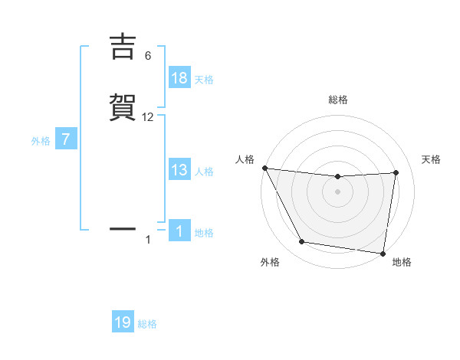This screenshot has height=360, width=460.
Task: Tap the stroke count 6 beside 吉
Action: point(148,56)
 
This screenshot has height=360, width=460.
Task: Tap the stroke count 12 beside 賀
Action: point(148,117)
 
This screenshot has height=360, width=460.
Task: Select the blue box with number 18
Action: point(179,78)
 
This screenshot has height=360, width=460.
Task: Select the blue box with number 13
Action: point(179,170)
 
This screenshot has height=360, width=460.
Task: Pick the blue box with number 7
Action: point(67,140)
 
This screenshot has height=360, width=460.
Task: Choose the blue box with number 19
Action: point(123,322)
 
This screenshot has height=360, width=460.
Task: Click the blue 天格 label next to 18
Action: point(204,79)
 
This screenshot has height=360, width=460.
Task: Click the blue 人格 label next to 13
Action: point(204,171)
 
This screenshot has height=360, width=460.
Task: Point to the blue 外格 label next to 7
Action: point(41,141)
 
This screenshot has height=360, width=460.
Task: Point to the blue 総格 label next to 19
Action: point(147,324)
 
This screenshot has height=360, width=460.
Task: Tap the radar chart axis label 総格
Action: point(338,100)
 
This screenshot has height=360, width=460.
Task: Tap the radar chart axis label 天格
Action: point(431,159)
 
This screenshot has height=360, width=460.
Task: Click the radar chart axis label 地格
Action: point(402,262)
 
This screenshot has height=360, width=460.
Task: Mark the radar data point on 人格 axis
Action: point(264,168)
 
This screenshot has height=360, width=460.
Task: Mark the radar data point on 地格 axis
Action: point(383,253)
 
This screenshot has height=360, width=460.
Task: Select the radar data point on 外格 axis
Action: point(302,242)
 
